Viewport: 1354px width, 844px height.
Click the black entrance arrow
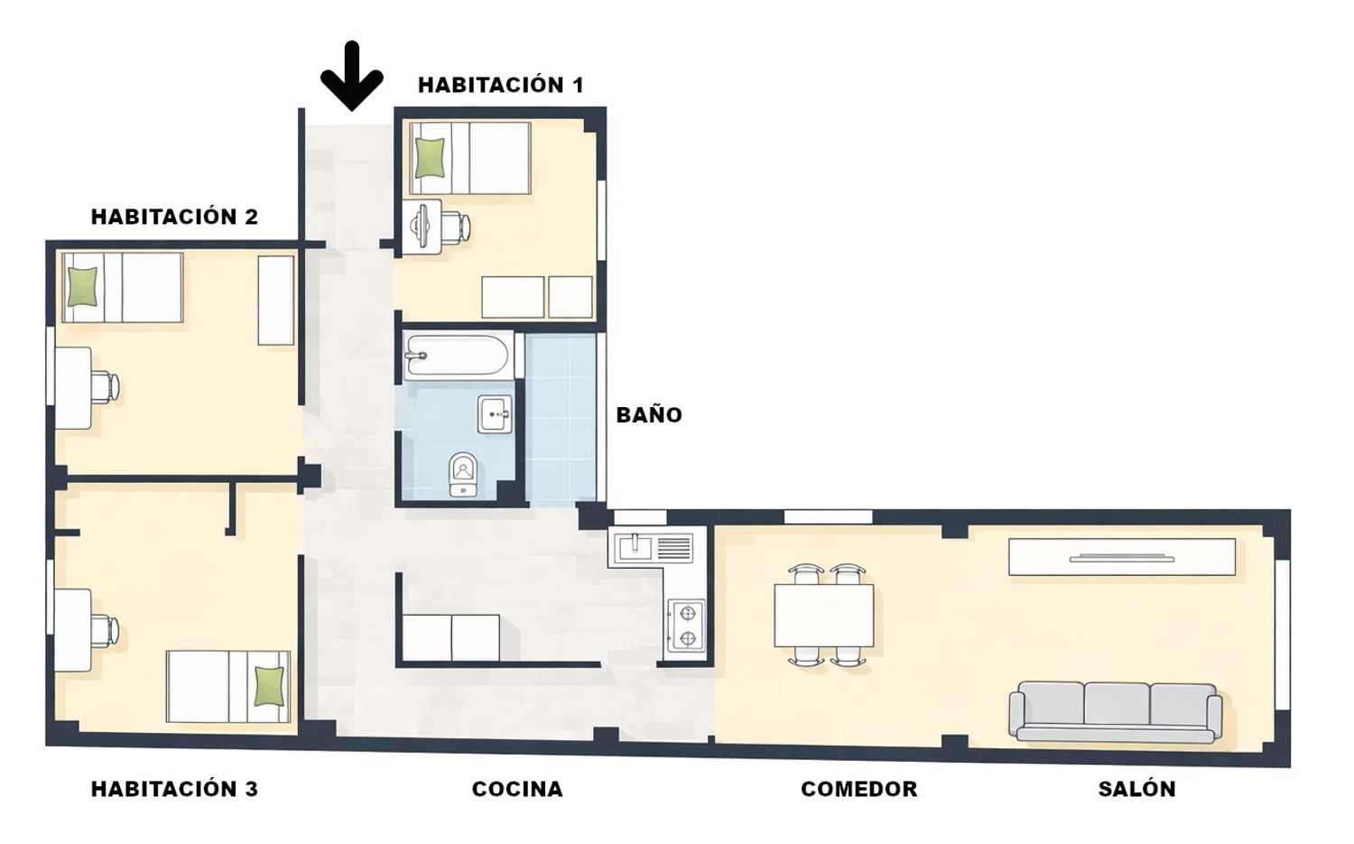point(352,76)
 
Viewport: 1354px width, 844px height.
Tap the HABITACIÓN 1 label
point(501,85)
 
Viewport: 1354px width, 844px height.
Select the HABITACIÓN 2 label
point(175,217)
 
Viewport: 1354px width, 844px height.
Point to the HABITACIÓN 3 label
point(175,789)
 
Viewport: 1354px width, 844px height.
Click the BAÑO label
point(649,414)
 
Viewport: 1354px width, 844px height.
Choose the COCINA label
point(517,789)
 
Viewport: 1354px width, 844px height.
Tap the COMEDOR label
point(859,789)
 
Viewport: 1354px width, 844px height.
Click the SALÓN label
point(1137,789)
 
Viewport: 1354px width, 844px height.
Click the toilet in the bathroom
point(464,474)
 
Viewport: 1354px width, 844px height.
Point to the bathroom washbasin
point(495,414)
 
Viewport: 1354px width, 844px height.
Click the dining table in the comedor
point(824,616)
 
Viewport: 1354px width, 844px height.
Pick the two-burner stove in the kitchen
point(686,626)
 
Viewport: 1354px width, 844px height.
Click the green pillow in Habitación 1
point(430,158)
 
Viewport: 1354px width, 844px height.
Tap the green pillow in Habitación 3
point(269,686)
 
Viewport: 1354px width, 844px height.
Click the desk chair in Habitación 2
point(106,386)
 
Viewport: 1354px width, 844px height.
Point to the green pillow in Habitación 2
point(82,287)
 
